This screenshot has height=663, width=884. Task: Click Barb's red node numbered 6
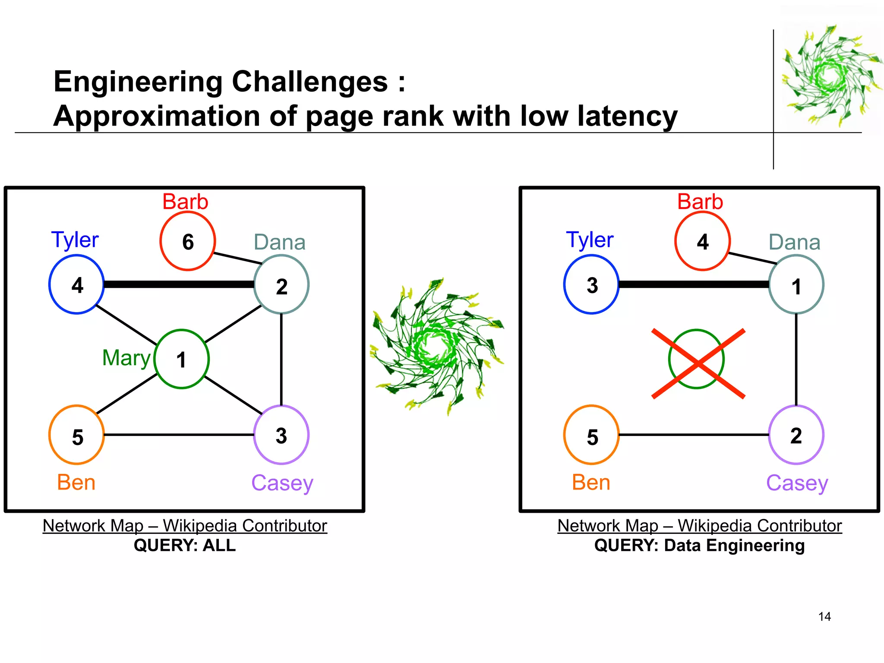(187, 241)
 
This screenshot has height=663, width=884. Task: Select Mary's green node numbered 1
(181, 359)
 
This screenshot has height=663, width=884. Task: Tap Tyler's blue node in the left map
(76, 284)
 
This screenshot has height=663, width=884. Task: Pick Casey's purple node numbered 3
(281, 435)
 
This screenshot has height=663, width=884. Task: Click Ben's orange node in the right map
(591, 435)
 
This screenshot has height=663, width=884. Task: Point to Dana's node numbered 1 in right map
(796, 284)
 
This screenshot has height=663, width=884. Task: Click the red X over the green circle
(698, 364)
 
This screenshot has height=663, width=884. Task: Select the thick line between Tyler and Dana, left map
(179, 284)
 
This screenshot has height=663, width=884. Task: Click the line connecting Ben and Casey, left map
(179, 435)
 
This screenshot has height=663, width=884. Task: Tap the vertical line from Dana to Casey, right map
(796, 359)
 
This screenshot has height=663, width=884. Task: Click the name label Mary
(126, 358)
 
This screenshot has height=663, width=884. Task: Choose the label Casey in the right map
(797, 483)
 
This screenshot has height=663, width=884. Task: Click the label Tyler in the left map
(75, 240)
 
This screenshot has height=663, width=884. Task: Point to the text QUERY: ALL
(185, 546)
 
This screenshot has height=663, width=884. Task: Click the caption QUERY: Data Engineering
(699, 546)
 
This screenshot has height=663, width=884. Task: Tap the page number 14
(824, 617)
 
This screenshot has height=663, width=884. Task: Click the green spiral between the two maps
(437, 347)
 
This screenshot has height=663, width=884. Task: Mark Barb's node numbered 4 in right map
(702, 241)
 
